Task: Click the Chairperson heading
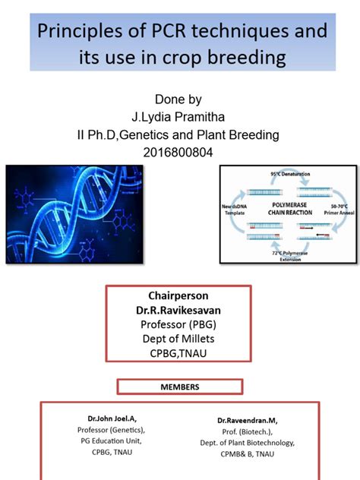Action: pos(179,295)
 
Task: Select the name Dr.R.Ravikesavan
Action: pos(179,310)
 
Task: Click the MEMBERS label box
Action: pos(180,387)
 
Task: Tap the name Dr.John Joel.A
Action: pos(112,418)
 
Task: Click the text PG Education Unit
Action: pos(112,441)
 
